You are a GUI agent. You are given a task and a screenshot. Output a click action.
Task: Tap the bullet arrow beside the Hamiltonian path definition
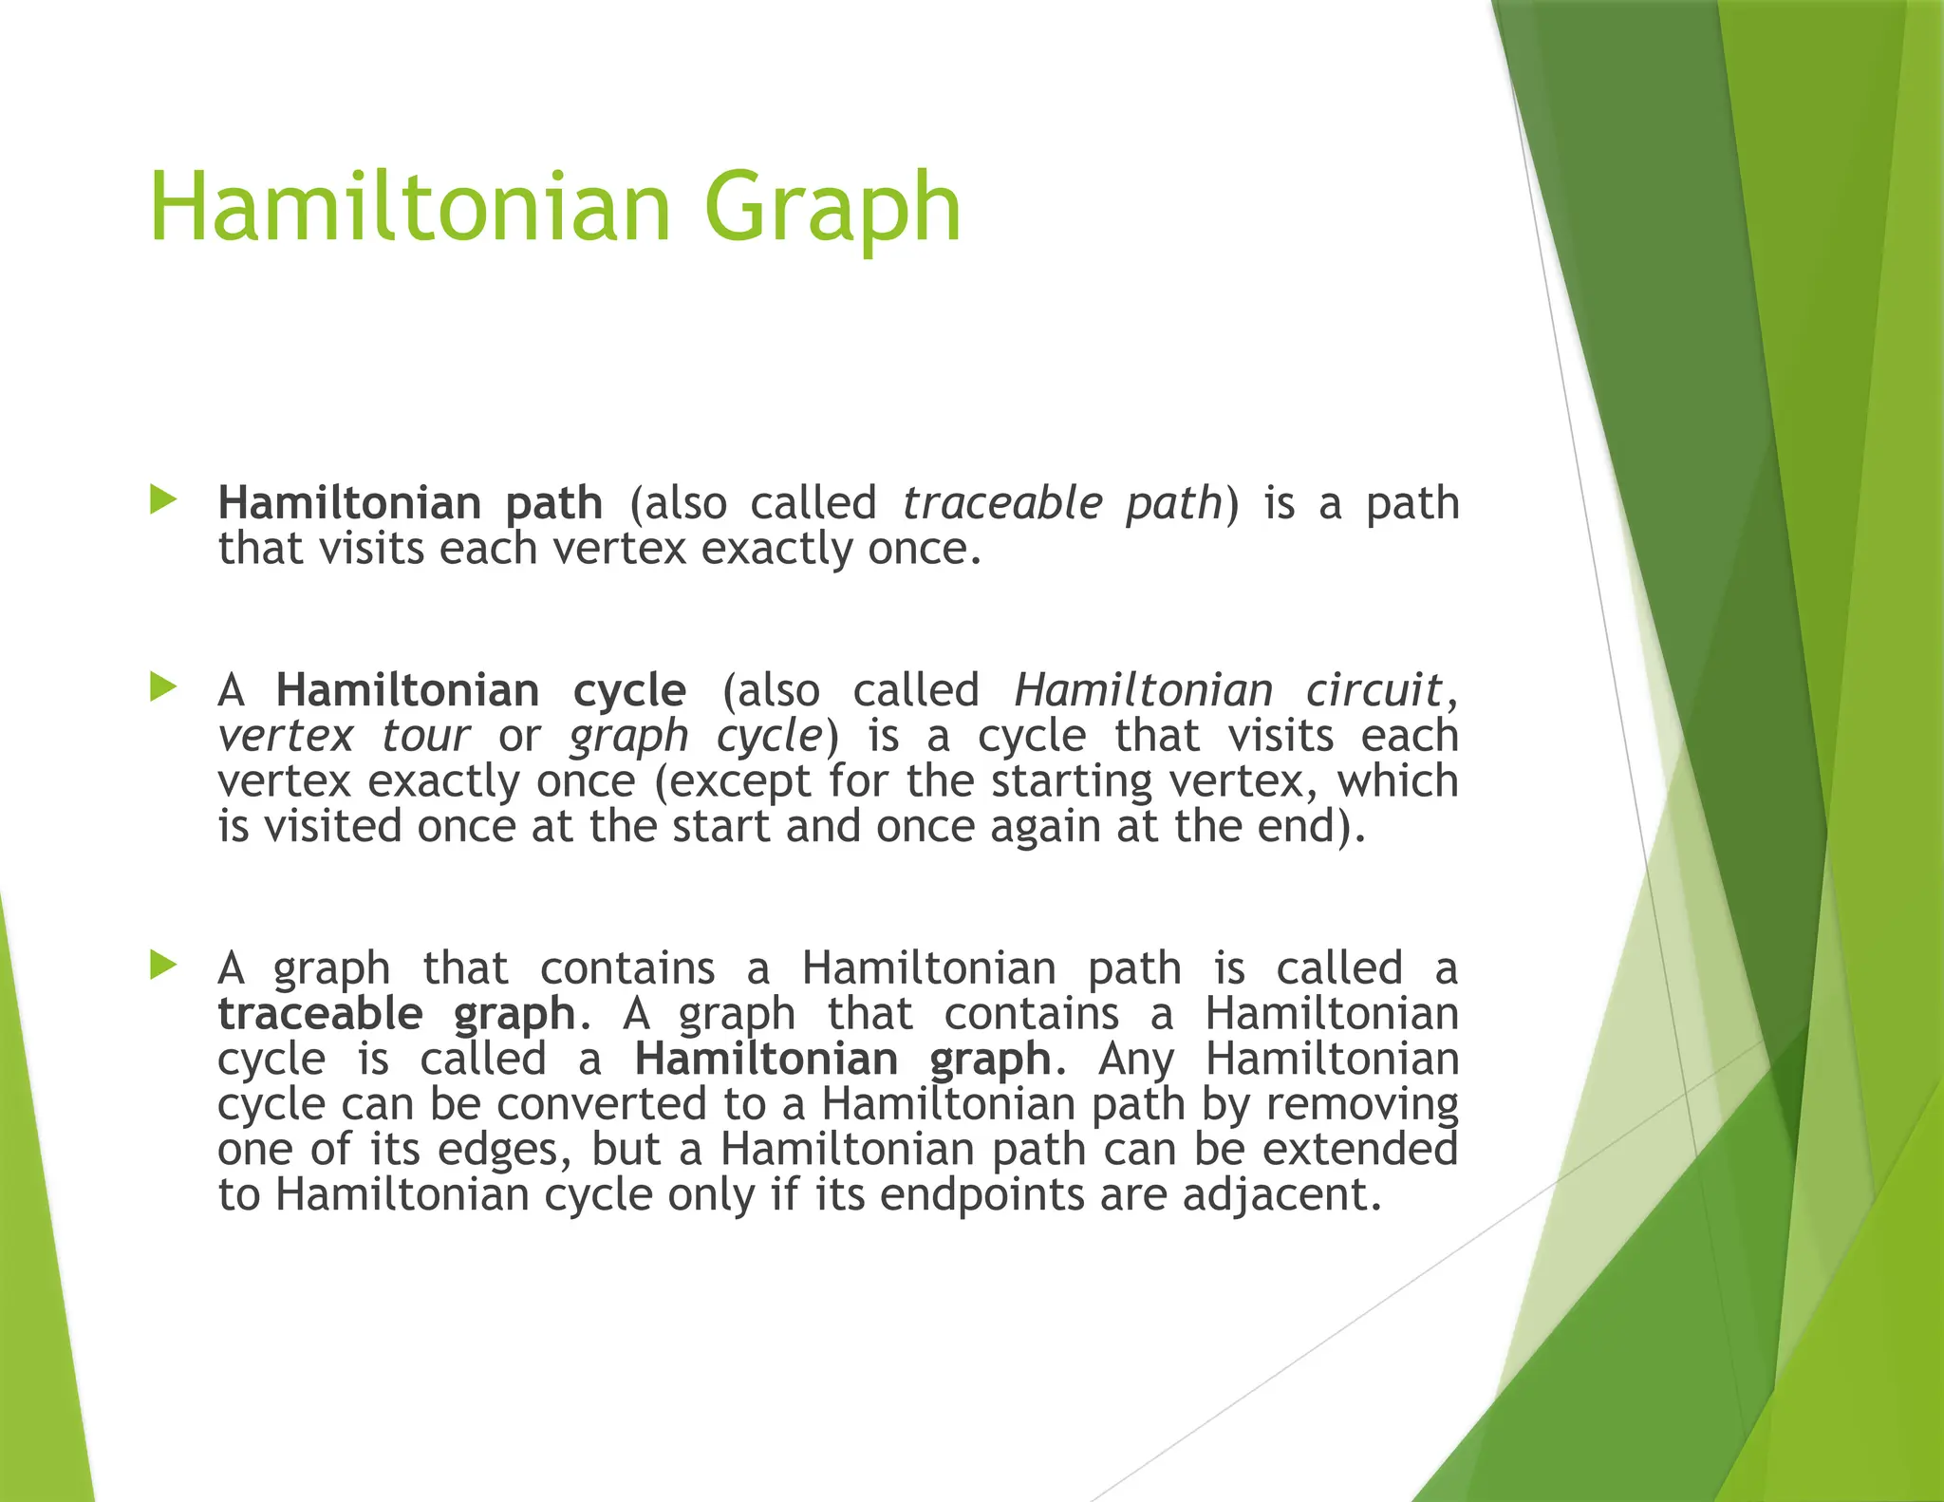[x=163, y=500]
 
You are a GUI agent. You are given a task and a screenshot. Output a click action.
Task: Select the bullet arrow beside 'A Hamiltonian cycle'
[x=163, y=687]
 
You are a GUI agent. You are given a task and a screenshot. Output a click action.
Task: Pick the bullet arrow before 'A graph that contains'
[x=163, y=966]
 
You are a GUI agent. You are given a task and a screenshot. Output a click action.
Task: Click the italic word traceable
[x=1002, y=502]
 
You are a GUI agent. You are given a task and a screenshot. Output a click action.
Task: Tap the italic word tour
[x=425, y=735]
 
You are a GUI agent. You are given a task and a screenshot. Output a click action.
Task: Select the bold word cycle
[x=629, y=689]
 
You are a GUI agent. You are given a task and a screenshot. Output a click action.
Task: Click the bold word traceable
[x=320, y=1013]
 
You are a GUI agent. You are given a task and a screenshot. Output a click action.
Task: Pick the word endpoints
[x=981, y=1194]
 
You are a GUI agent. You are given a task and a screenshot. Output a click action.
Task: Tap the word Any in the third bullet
[x=1136, y=1059]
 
